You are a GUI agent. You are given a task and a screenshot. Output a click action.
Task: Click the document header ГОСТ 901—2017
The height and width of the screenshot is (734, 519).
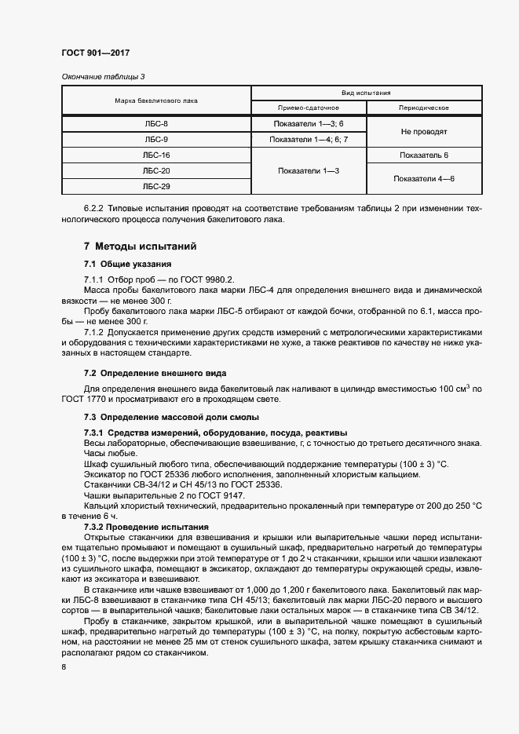(x=96, y=53)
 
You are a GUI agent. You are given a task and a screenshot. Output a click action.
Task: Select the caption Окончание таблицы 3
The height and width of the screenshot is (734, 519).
(x=102, y=76)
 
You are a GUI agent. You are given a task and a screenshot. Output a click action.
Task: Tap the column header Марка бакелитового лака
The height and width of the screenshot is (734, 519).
(x=156, y=100)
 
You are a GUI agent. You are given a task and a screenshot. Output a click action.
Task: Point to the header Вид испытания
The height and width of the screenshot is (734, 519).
(x=366, y=92)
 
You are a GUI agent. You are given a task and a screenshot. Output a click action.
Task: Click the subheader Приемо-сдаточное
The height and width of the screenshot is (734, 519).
(x=308, y=108)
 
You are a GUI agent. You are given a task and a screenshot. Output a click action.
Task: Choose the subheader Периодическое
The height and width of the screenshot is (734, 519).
(x=424, y=108)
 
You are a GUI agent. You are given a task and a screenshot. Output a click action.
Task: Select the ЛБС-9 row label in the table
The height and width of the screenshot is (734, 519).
(x=156, y=140)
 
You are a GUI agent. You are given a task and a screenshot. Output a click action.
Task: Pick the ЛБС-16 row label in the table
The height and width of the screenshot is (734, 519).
(x=156, y=155)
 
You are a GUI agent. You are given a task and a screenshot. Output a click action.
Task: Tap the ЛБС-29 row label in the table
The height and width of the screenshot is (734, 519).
(x=156, y=187)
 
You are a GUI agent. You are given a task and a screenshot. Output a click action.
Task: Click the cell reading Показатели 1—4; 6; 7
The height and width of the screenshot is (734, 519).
(x=308, y=140)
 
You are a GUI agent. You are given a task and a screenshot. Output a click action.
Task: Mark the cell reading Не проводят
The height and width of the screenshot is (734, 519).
(x=424, y=132)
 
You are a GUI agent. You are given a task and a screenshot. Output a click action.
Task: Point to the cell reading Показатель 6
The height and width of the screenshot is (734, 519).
(x=424, y=155)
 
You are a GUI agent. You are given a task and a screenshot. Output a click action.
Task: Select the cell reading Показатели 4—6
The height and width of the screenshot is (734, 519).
(x=424, y=179)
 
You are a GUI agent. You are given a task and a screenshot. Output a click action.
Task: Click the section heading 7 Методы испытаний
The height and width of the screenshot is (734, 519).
(x=140, y=246)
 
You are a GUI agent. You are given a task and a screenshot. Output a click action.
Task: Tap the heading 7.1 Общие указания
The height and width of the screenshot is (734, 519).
(x=127, y=264)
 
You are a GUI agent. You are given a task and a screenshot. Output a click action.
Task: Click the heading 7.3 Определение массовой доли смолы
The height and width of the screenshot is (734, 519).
(x=171, y=417)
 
